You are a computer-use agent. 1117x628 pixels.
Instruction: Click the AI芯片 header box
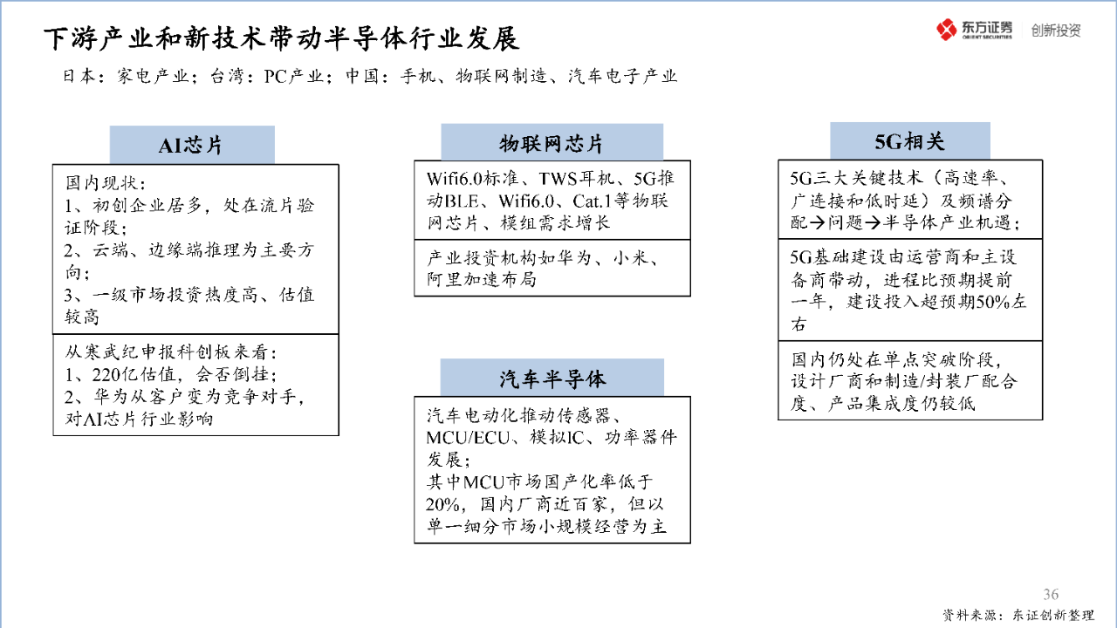point(192,145)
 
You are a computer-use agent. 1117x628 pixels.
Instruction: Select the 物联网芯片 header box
point(552,142)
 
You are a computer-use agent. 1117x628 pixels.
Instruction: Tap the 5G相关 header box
point(910,141)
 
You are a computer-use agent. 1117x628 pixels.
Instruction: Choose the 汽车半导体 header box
point(552,378)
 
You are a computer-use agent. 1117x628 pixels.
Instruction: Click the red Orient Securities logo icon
point(946,30)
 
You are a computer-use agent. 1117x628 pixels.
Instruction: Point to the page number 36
point(1051,594)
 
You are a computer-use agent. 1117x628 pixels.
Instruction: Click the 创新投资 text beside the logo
point(1056,31)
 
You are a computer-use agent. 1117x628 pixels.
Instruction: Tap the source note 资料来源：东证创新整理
point(1018,615)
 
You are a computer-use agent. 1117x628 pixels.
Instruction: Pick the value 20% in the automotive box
point(442,504)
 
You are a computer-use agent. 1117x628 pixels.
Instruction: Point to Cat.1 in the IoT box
point(592,201)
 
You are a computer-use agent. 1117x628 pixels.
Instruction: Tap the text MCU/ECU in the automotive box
point(468,438)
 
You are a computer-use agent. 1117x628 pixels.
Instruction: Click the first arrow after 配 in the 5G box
point(818,222)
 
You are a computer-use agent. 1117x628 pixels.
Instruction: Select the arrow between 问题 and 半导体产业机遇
point(873,222)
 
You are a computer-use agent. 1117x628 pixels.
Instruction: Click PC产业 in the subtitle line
point(294,76)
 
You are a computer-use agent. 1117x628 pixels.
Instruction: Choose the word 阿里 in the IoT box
point(444,279)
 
